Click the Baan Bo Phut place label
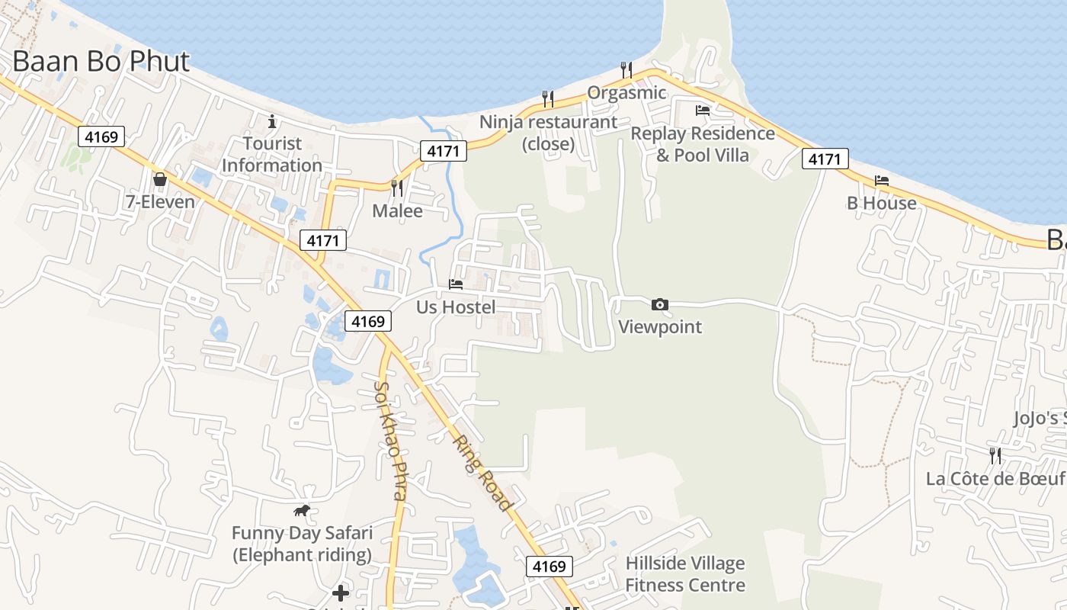(101, 62)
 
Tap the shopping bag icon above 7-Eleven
(160, 180)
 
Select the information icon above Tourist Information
(272, 121)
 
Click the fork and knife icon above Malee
(396, 188)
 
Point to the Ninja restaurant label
(548, 122)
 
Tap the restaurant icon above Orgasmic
(626, 70)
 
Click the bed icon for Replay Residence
(703, 111)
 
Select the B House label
(882, 203)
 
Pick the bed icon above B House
(882, 181)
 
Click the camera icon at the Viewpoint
(660, 305)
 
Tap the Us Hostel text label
(456, 307)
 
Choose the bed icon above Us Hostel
(456, 284)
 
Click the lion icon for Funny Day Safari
(302, 511)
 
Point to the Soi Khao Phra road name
(389, 440)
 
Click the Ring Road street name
(482, 473)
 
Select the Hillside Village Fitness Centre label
(685, 574)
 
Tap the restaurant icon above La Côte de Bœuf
(995, 456)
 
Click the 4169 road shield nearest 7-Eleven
(101, 137)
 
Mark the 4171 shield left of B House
(825, 159)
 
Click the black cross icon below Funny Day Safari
(341, 592)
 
